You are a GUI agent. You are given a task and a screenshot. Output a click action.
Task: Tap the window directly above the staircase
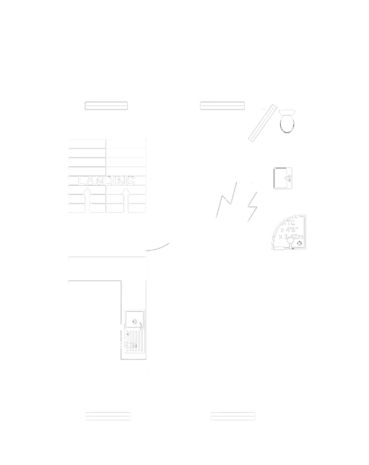pyautogui.click(x=106, y=105)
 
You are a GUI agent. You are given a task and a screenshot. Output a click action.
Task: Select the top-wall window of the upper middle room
pyautogui.click(x=222, y=105)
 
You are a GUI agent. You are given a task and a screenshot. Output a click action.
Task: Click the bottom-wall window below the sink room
pyautogui.click(x=108, y=416)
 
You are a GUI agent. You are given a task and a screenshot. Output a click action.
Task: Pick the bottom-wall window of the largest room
pyautogui.click(x=233, y=416)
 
